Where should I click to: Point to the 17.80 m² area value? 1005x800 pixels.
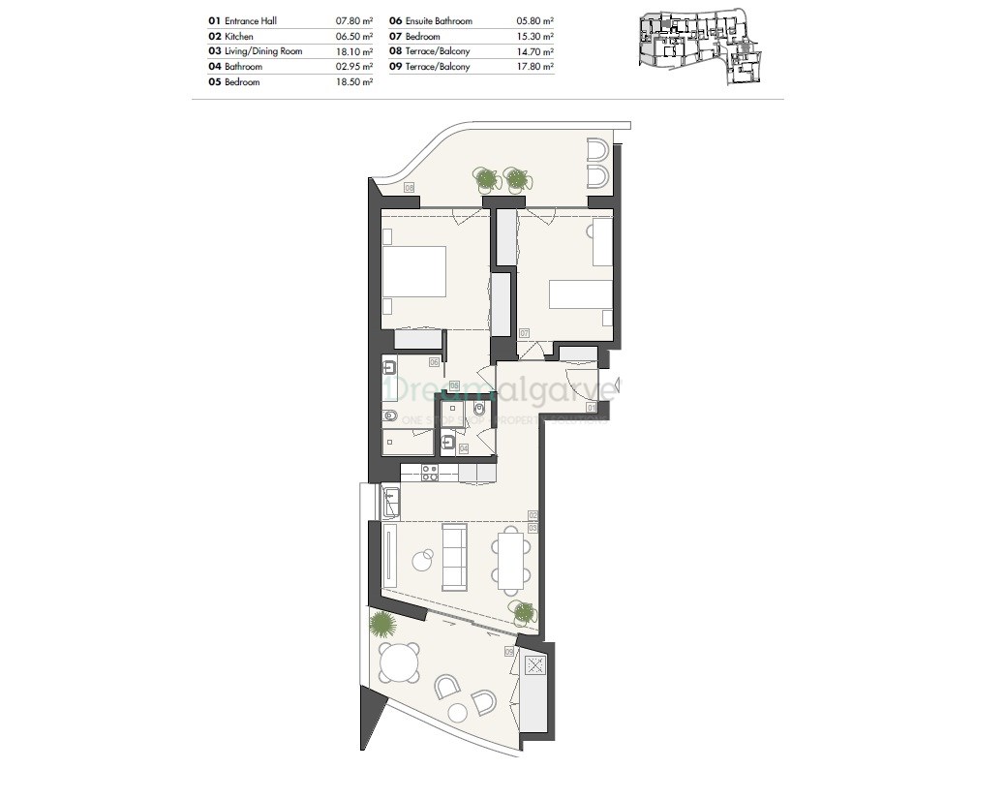534,67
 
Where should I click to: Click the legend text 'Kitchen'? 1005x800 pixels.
239,36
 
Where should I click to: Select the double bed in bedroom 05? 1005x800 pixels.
413,271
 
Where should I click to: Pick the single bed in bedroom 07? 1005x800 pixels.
579,294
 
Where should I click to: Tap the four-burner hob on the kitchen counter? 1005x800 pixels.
427,473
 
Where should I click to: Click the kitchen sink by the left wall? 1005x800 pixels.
392,502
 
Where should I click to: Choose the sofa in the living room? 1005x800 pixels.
454,556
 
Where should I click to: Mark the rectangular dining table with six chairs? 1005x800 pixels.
510,560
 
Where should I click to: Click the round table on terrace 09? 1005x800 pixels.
399,663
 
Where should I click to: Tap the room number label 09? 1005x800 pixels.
509,652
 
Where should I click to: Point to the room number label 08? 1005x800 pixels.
409,187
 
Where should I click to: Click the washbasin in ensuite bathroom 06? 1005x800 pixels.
389,367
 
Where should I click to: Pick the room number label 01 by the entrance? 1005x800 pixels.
591,409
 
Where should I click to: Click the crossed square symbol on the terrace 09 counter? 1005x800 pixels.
534,665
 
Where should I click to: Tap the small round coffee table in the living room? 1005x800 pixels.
422,559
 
